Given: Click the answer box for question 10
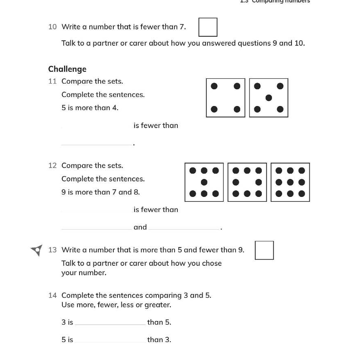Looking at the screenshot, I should point(208,27).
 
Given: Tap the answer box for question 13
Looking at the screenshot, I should point(264,250).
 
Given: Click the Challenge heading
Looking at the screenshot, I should point(67,69).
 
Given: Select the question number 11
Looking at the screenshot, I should point(52,81).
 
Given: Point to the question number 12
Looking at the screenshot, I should point(52,166).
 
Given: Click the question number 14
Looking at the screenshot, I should point(52,295).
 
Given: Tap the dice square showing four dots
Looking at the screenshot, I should point(225,98).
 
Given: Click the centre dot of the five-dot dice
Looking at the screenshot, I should point(268,98).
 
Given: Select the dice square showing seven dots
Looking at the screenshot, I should point(204,182).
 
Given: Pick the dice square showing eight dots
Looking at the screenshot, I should point(247,182).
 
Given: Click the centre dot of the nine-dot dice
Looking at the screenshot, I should point(290,182).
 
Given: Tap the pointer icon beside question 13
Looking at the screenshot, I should point(37,250).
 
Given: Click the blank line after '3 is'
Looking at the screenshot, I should point(110,324).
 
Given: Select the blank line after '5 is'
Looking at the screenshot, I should point(110,341).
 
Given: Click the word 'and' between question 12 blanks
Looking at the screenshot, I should point(140,227).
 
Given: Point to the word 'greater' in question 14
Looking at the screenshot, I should point(157,305).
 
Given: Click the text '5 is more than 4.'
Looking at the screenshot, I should point(90,108).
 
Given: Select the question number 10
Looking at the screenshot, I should point(52,27).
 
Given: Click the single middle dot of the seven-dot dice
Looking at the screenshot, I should point(204,182).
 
